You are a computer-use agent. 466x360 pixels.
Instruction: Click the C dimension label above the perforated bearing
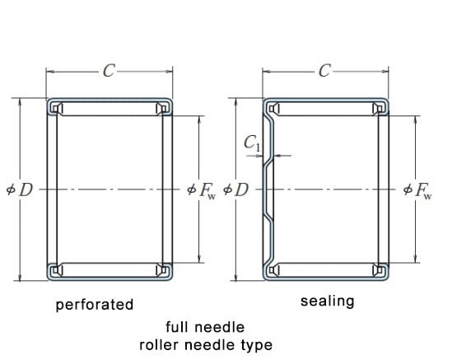coord(109,72)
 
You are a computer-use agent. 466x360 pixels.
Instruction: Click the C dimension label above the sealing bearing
coord(324,72)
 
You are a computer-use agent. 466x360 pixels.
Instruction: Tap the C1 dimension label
coord(253,143)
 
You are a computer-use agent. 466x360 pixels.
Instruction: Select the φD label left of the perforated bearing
coord(20,189)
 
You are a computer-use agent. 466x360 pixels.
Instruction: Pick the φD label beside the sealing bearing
coord(235,189)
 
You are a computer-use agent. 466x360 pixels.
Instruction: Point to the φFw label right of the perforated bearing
coord(202,190)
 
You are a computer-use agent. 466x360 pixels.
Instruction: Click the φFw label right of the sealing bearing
coord(417,190)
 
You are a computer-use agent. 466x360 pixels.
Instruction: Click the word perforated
coord(95,306)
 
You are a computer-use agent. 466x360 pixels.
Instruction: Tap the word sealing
coord(327,302)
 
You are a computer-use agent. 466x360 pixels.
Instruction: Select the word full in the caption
coord(178,327)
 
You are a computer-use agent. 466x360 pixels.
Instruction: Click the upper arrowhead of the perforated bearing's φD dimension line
coord(20,101)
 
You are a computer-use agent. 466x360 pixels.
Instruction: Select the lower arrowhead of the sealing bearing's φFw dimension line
coord(416,259)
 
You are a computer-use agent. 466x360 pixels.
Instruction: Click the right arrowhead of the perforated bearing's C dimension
coord(169,72)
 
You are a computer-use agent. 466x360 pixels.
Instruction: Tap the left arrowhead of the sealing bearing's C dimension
coord(266,72)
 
